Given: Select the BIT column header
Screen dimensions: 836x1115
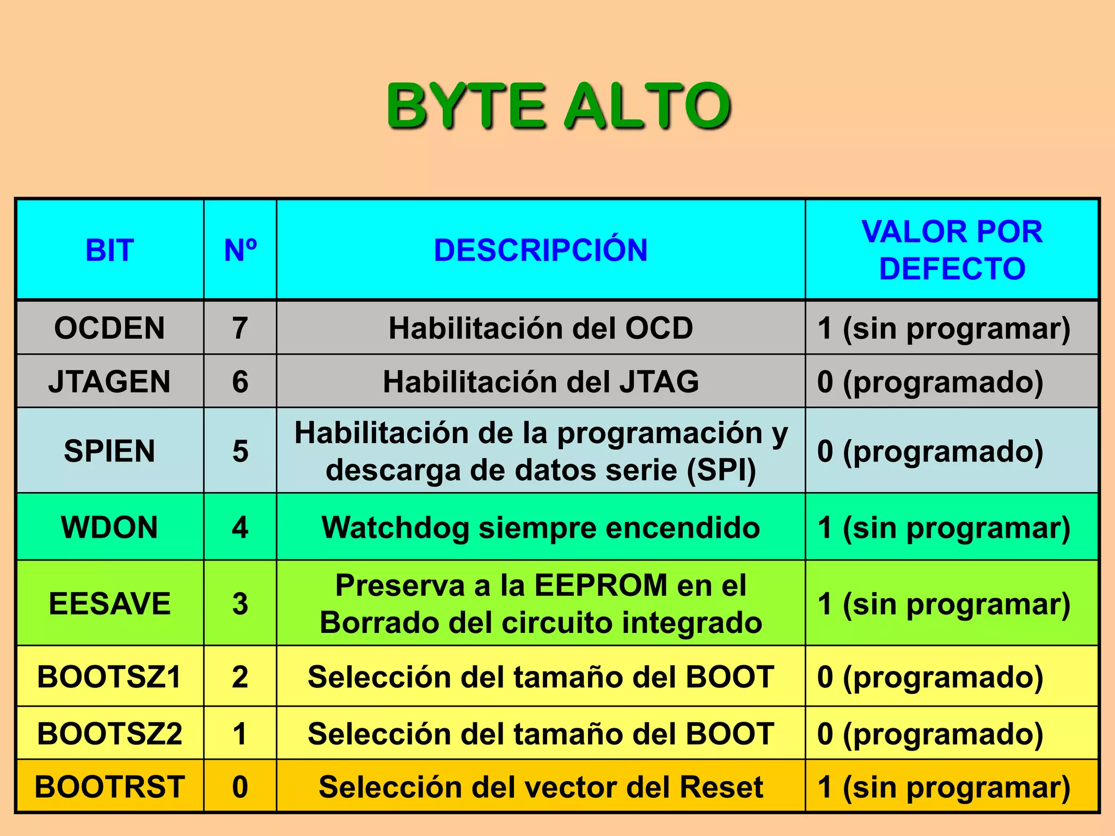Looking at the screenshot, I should pos(109,250).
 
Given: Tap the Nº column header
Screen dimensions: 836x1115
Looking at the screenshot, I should pos(240,250).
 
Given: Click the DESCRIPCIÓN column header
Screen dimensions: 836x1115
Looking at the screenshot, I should pos(541,250).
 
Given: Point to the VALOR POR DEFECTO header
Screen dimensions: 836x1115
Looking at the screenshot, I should pos(952,250).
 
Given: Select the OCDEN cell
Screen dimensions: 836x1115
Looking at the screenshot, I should pos(109,328).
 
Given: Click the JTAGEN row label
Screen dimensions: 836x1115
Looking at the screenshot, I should pos(109,382).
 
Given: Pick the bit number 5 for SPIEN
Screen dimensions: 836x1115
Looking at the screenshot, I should pos(240,451).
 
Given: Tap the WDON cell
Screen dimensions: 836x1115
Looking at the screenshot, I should pos(109,527).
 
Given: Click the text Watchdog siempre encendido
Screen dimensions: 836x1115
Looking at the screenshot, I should pos(541,527).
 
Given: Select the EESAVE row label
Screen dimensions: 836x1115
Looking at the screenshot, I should pos(109,604).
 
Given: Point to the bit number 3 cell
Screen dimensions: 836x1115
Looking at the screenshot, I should pos(240,604).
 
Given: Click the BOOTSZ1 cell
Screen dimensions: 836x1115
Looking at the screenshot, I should pos(109,677).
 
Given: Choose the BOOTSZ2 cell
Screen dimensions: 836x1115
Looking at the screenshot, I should pos(109,734).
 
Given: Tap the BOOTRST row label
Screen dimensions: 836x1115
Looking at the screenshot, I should pos(109,787).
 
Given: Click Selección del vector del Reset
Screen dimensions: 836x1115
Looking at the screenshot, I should pos(541,787).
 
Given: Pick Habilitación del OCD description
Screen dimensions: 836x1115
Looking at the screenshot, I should pos(541,328).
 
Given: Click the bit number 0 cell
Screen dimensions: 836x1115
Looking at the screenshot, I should pos(240,787).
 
